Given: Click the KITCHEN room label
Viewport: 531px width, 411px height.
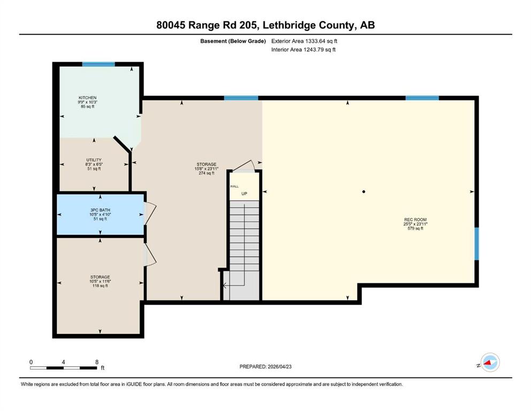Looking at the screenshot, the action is pos(87,97).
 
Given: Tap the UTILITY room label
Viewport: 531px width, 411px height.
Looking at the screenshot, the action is pos(94,160).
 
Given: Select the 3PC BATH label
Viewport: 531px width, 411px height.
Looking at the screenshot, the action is pos(100,210).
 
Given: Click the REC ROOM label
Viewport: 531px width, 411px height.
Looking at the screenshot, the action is pos(415,219).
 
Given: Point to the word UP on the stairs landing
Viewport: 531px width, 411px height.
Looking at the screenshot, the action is pos(244,194).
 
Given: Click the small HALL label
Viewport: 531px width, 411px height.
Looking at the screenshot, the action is pos(234,186).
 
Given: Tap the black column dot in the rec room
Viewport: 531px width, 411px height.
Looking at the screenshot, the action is pos(364,192).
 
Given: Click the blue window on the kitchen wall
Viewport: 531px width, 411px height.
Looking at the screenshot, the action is pos(98,64).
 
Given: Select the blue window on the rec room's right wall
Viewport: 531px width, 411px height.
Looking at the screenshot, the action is pos(476,243).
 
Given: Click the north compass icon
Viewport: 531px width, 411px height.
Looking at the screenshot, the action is pos(490,362).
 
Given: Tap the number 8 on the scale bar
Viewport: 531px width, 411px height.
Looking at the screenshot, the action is pos(97,362).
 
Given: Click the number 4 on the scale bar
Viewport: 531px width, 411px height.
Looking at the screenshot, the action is pos(63,362).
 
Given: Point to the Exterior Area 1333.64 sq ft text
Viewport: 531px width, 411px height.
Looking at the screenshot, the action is pos(304,41).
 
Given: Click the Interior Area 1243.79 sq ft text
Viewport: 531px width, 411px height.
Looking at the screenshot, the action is pos(303,49).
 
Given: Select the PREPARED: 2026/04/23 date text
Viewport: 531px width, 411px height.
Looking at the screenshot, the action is pos(265,367).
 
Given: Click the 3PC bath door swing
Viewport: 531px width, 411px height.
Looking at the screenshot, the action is pos(150,213).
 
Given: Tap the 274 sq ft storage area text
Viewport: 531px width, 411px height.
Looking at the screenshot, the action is pos(206,173).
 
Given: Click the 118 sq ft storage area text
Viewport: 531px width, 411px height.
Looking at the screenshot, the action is pos(100,286).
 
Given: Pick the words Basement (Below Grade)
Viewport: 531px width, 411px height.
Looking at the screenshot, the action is pos(233,41).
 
